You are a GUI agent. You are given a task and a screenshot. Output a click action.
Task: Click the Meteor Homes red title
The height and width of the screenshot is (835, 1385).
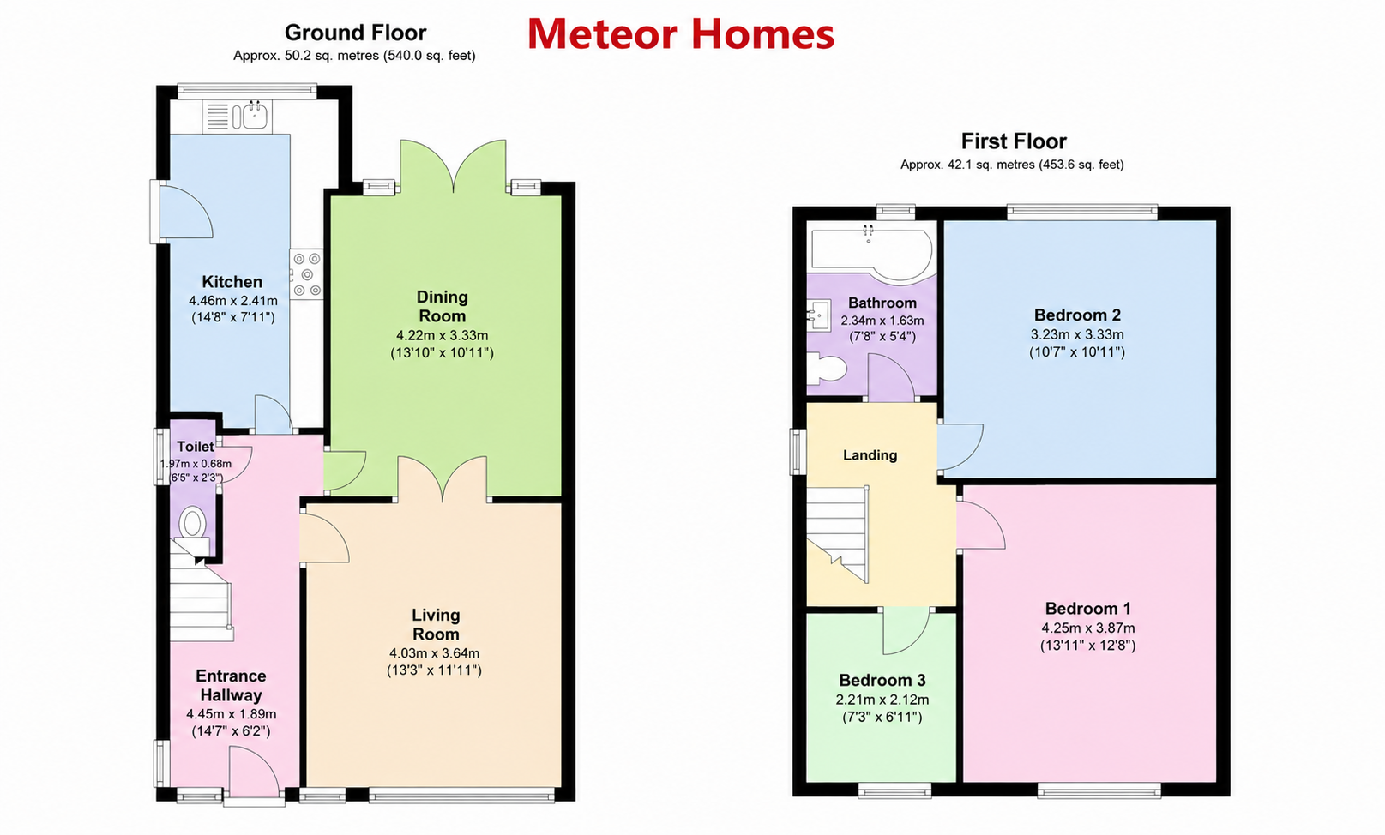(x=681, y=34)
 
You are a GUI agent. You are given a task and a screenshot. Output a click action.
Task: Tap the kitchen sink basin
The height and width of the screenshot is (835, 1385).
(x=255, y=116)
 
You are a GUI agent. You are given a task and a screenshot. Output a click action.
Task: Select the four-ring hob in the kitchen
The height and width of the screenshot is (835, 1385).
(x=307, y=273)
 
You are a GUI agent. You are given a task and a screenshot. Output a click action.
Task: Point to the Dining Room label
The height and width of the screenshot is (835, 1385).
(x=443, y=307)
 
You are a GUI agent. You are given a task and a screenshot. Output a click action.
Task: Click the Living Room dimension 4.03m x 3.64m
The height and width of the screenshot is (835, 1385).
(x=434, y=652)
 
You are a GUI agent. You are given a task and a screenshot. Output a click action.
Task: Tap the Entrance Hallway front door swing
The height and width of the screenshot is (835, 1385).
(x=254, y=772)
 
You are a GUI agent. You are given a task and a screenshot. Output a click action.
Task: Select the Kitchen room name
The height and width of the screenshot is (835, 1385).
(x=232, y=282)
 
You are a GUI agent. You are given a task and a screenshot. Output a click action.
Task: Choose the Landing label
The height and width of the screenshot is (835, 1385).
(x=870, y=455)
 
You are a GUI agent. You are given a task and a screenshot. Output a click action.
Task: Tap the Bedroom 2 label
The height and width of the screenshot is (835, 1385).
(x=1077, y=315)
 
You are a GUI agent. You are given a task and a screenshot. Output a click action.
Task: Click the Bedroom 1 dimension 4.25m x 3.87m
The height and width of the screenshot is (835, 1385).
(x=1088, y=628)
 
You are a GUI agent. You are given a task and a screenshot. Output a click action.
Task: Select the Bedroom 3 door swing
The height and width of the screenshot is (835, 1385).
(x=906, y=630)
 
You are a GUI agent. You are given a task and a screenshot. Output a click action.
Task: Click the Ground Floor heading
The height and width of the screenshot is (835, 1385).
(x=356, y=32)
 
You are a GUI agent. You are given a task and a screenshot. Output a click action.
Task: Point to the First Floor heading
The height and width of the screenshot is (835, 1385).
(x=1014, y=141)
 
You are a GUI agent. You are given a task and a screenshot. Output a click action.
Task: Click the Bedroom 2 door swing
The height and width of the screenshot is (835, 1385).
(x=960, y=447)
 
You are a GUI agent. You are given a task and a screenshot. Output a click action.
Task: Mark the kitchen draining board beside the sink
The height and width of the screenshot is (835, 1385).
(x=218, y=117)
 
